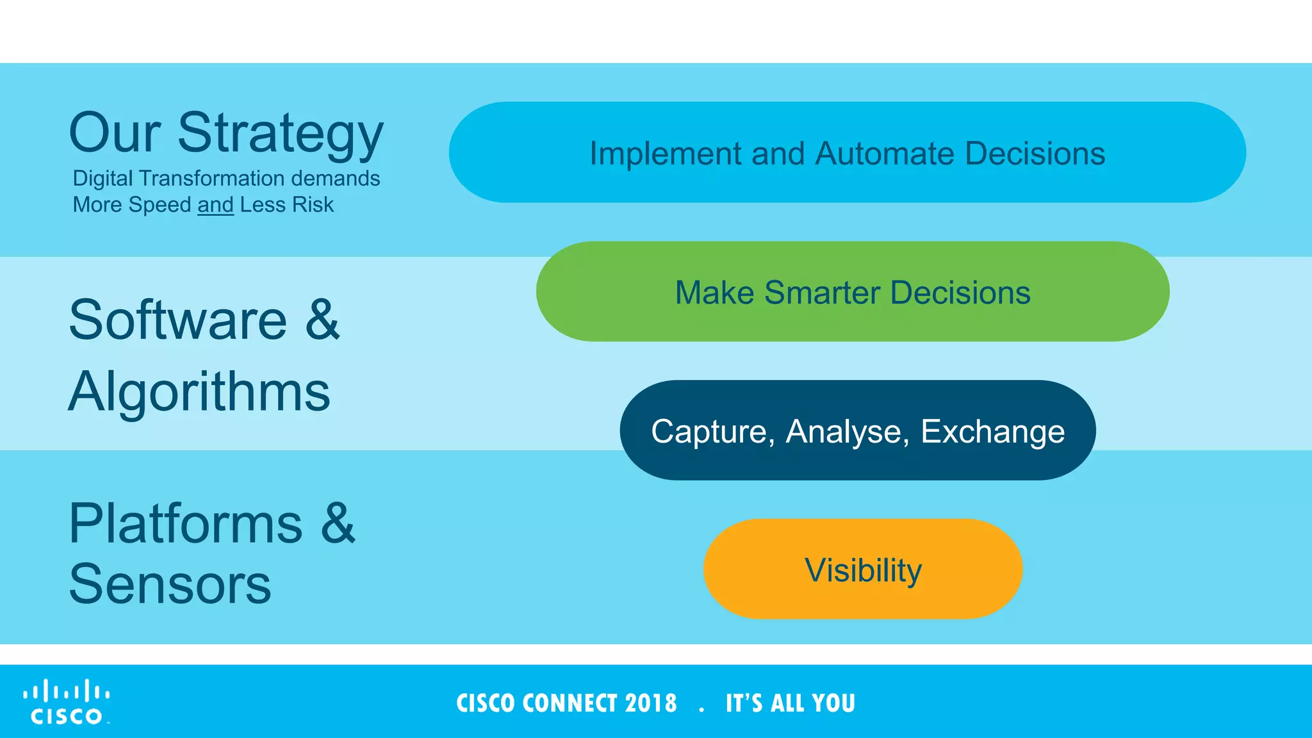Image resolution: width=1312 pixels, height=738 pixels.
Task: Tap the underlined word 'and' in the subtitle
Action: coord(215,205)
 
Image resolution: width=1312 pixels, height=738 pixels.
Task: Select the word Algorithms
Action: coord(199,391)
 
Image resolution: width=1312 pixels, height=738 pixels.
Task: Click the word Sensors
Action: coord(170,584)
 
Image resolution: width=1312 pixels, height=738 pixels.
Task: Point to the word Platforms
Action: coord(186,524)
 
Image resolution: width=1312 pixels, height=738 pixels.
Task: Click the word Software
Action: coord(178,320)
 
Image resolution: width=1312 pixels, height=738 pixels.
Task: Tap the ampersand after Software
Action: coord(322,320)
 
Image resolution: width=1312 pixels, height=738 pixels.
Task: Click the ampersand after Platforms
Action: coord(338,524)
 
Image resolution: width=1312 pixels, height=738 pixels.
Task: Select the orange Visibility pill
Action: coord(862,570)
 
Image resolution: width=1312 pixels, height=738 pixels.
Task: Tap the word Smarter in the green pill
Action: coord(822,293)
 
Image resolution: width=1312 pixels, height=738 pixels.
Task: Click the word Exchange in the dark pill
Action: coord(992,431)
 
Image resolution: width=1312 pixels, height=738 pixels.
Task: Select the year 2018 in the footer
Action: coord(651,703)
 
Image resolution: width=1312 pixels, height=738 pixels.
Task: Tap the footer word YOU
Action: coord(833,703)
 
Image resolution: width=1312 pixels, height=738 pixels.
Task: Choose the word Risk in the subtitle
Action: coord(313,205)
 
